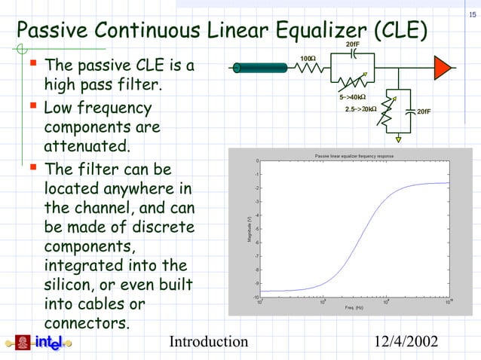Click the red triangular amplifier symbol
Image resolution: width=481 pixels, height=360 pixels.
(x=443, y=68)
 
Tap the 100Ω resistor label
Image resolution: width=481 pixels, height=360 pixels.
(x=308, y=59)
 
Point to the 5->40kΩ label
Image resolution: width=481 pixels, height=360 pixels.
(x=352, y=97)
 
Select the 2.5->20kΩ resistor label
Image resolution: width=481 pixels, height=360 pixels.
(x=361, y=110)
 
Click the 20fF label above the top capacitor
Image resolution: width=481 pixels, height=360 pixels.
(x=352, y=45)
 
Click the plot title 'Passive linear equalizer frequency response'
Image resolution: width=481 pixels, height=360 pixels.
(x=354, y=156)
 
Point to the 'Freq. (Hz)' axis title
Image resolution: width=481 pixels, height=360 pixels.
(x=354, y=308)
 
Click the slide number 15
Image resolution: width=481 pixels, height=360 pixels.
(x=473, y=17)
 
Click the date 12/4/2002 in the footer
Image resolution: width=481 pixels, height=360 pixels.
(x=407, y=343)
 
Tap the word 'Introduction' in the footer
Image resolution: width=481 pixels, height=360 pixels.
(x=209, y=343)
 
